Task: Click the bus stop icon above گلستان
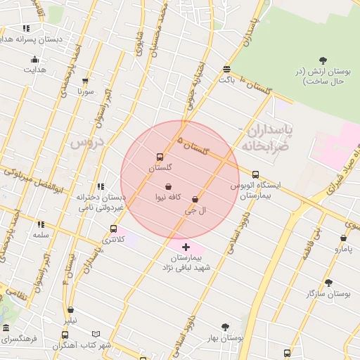[160, 157]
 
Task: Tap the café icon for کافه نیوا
[168, 187]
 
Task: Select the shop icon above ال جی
[195, 200]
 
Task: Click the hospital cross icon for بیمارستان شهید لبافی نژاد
[186, 247]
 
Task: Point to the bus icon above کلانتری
[113, 229]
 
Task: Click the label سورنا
[86, 91]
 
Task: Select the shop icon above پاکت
[226, 69]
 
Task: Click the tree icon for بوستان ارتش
[323, 60]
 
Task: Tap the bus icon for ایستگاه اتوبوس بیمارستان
[255, 174]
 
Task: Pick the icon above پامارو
[343, 238]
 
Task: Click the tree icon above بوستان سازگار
[328, 283]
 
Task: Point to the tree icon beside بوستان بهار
[225, 327]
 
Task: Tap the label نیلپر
[70, 321]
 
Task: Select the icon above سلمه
[41, 224]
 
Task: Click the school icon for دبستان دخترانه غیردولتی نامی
[101, 186]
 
